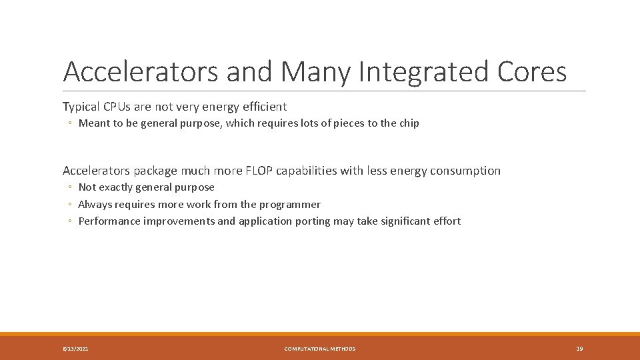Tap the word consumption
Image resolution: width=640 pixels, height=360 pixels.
pos(465,171)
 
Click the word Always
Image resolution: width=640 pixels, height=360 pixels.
pos(94,205)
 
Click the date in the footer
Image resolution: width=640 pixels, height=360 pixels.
pos(75,349)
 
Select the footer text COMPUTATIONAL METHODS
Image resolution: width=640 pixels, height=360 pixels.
pos(320,349)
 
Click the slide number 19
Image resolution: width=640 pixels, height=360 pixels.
pos(579,349)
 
